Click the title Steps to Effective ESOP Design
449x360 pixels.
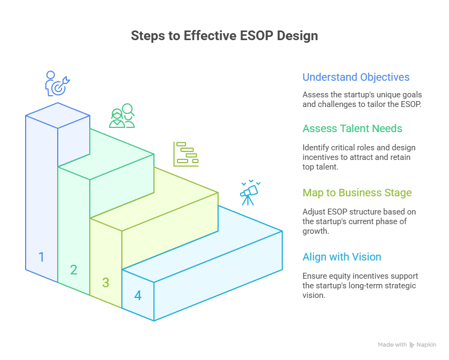pos(224,36)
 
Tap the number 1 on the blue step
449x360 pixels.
pos(41,257)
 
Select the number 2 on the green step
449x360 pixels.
pos(74,270)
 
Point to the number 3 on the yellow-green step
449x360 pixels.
pos(106,282)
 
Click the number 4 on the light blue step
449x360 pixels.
pos(138,295)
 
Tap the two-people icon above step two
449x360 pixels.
pos(122,116)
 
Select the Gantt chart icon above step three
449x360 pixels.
pos(185,154)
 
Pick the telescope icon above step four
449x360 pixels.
pos(249,193)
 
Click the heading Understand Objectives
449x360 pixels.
pos(356,77)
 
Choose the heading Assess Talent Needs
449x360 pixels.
pos(352,128)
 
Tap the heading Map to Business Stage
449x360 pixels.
pos(357,193)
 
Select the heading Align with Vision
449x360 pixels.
pos(342,257)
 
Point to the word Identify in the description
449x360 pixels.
pos(315,148)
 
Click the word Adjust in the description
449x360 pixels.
pos(313,212)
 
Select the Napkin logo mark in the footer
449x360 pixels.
pos(412,345)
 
